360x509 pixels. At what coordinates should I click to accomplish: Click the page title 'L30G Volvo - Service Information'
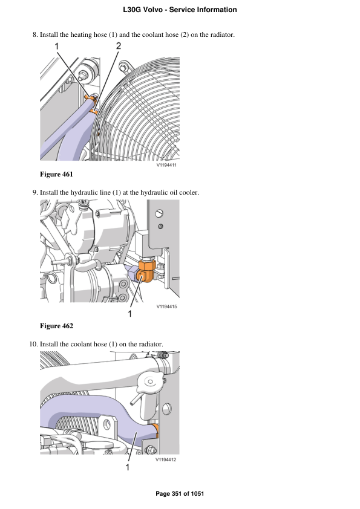pos(180,10)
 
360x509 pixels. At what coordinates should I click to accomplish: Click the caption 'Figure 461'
pos(56,174)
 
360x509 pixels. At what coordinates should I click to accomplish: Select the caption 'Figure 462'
pos(56,326)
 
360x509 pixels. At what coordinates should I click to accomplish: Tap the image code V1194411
pos(166,165)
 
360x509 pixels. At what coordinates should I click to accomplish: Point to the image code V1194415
pos(166,306)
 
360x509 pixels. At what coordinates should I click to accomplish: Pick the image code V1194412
pos(166,459)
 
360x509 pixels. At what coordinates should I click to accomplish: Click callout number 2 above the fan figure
pos(118,46)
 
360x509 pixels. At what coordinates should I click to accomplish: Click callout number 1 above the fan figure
pos(56,47)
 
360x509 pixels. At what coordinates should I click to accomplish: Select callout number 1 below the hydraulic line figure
pos(129,314)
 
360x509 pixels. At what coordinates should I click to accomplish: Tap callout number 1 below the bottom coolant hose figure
pos(128,467)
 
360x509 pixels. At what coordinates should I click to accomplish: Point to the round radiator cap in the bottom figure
pos(149,382)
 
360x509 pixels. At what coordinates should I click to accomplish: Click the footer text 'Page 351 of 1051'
pos(180,494)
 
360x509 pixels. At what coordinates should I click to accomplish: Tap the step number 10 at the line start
pos(33,344)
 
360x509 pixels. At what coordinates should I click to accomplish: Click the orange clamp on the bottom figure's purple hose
pos(155,430)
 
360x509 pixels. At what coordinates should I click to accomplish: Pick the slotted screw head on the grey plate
pos(159,213)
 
